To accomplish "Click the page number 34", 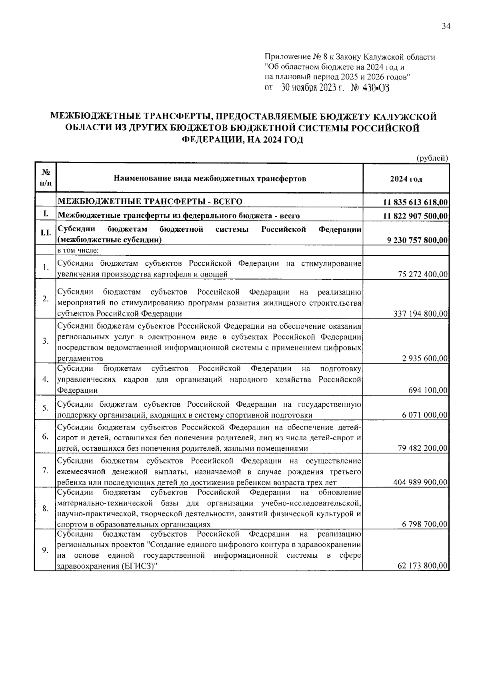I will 446,26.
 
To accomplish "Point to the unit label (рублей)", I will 432,158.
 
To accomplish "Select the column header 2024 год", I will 406,179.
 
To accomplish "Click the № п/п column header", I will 46,178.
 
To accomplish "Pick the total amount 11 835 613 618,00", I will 415,203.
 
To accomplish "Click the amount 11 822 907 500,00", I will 415,216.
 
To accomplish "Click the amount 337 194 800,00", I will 421,314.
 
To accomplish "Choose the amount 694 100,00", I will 428,390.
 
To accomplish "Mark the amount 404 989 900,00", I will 421,483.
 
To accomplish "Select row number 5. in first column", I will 46,408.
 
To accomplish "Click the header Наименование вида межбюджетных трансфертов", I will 210,179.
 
